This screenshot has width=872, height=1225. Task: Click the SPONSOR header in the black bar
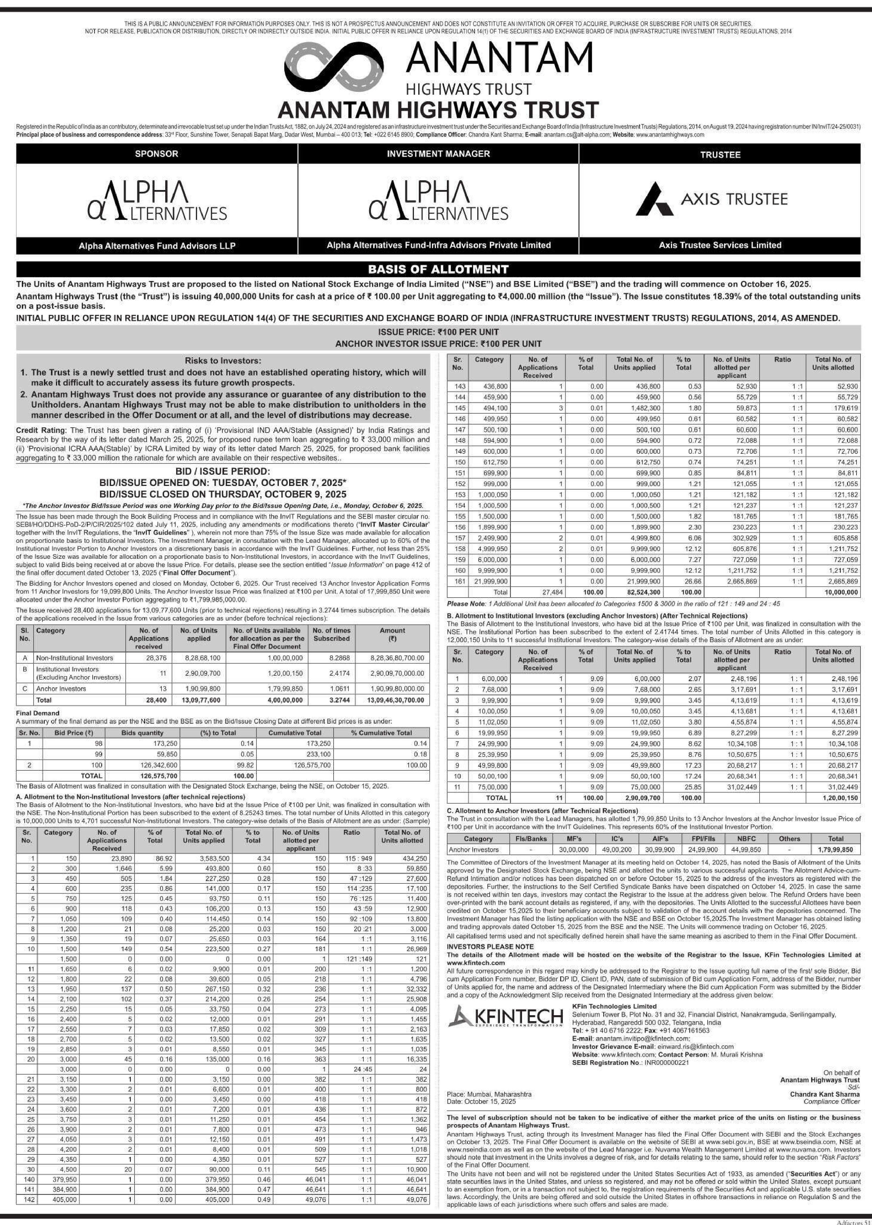(157, 154)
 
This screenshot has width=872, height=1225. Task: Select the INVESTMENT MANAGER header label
(438, 154)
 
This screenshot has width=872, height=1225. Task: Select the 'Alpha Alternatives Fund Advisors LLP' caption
(157, 246)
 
